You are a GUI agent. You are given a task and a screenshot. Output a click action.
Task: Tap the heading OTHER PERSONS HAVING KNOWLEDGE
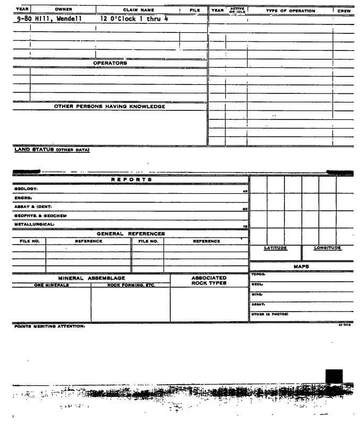(x=109, y=107)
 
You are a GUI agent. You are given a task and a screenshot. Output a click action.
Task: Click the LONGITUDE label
(x=327, y=248)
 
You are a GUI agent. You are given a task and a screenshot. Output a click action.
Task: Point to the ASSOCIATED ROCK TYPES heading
(x=208, y=280)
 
